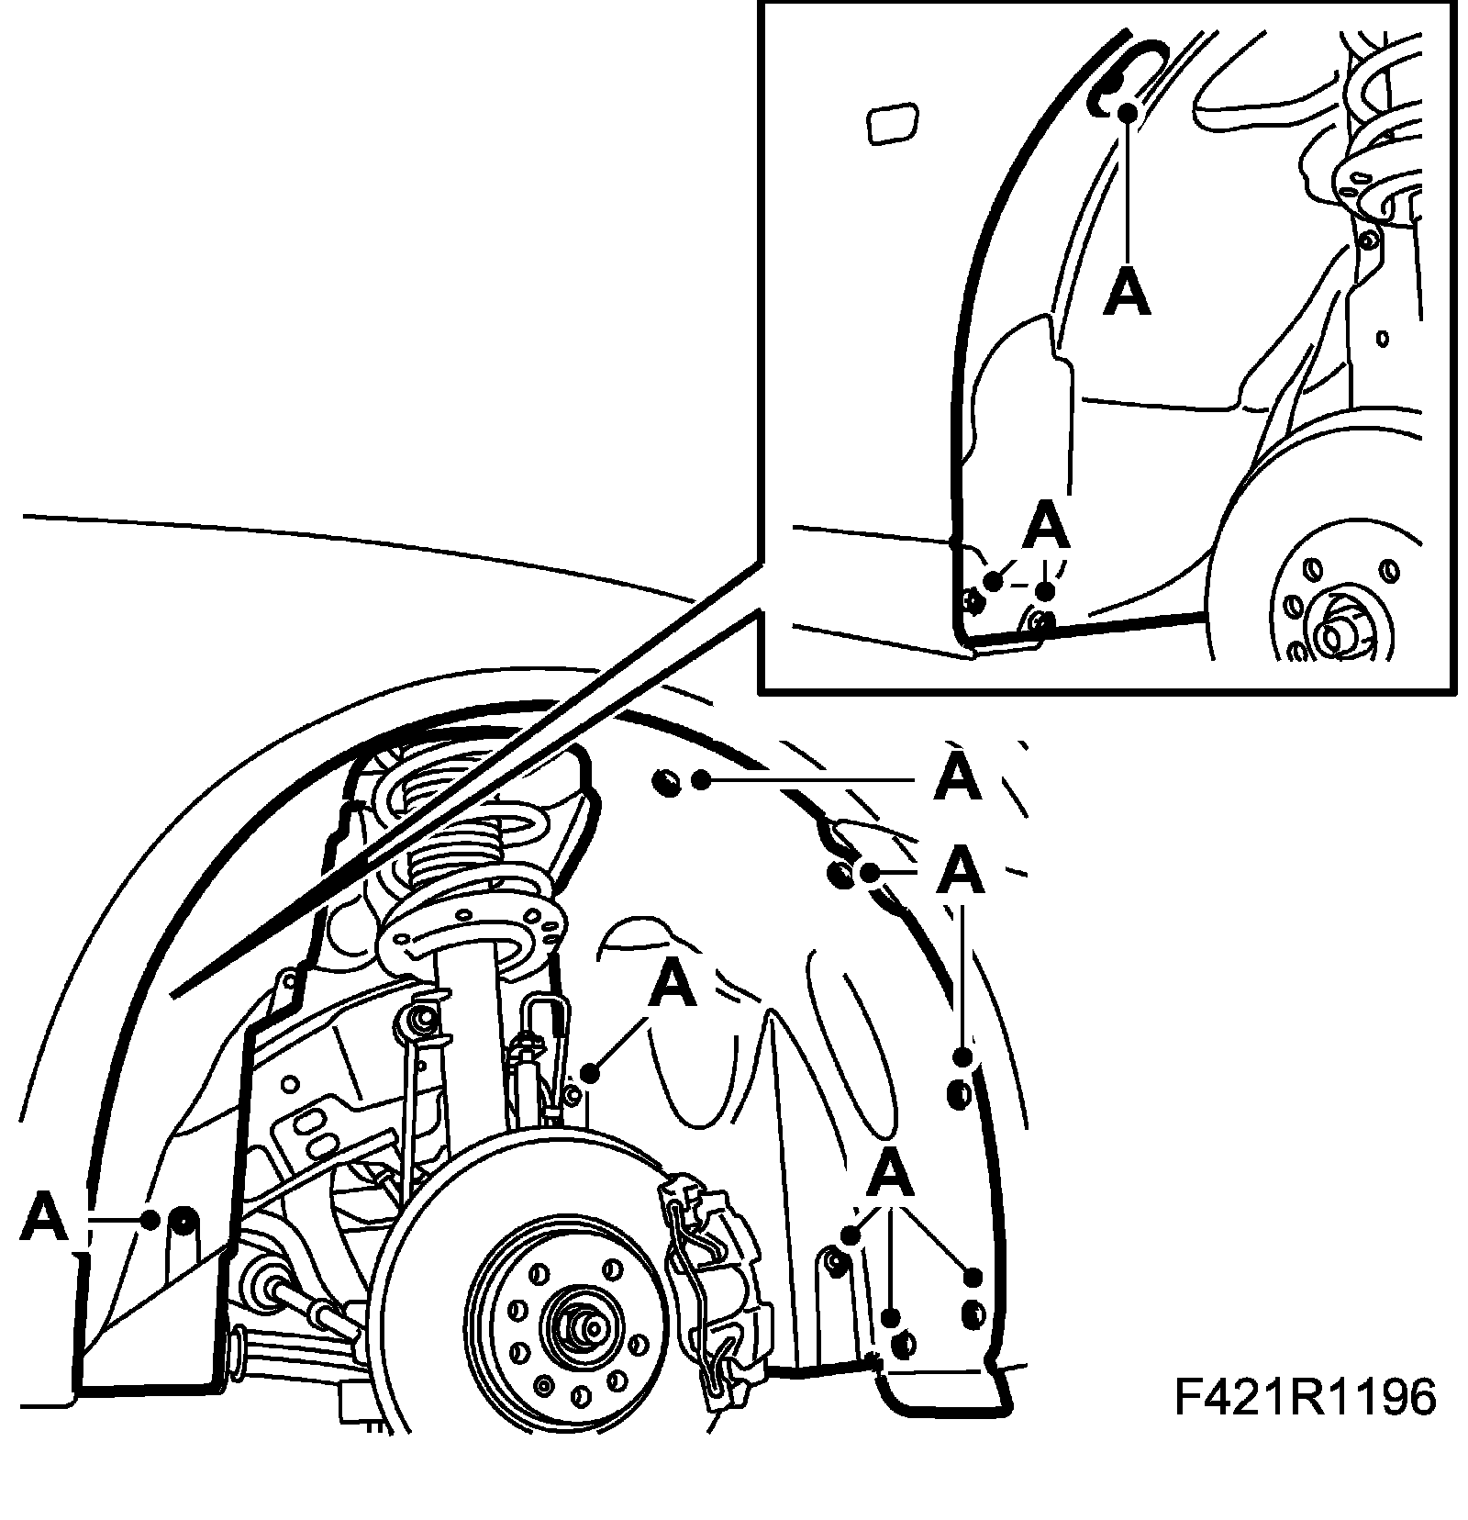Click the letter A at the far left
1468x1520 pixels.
click(44, 1217)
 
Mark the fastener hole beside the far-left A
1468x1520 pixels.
click(183, 1221)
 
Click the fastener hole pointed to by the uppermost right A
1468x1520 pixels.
click(667, 782)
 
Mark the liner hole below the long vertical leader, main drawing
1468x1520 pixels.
click(959, 1093)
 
